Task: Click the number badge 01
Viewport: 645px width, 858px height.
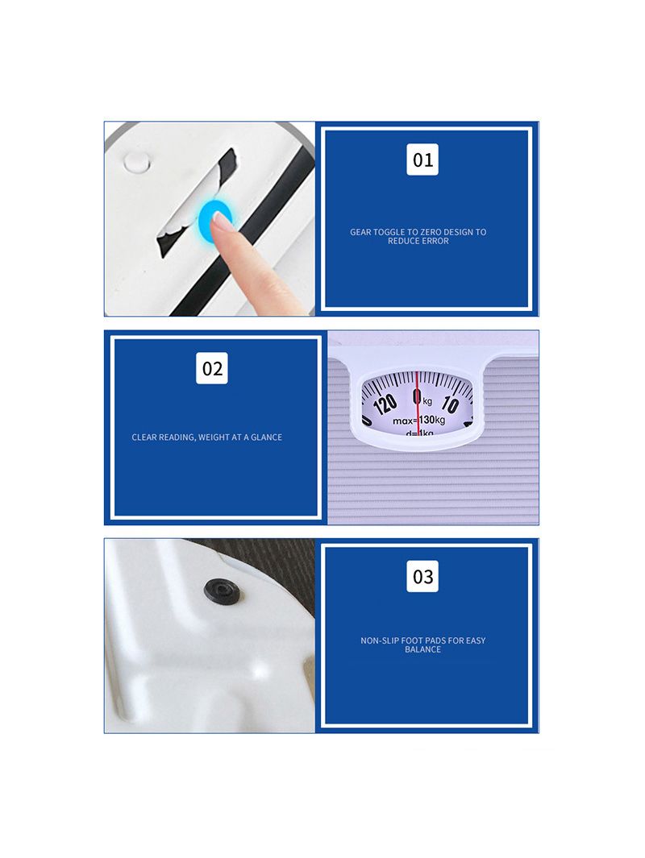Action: coord(422,160)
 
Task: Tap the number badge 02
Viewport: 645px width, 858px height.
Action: coord(212,368)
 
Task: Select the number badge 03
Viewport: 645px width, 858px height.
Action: coord(422,576)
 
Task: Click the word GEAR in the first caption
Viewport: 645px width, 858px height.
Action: coord(360,232)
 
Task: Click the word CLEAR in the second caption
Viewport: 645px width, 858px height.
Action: coord(144,437)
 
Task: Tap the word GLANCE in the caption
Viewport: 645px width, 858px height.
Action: coord(266,437)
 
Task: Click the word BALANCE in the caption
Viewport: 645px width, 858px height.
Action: coord(422,649)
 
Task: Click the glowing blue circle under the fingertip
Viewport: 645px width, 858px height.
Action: coord(215,221)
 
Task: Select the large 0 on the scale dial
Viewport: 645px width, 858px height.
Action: coord(417,396)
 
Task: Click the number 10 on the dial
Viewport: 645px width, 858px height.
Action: coord(450,404)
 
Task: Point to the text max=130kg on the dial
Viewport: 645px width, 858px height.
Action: coord(419,421)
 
